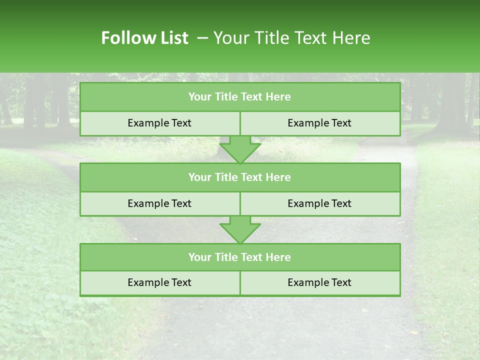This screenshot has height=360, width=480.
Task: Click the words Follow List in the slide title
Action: pos(144,38)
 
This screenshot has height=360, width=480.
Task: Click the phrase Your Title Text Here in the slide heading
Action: pos(291,38)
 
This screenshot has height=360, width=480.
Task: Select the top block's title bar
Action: pos(240,97)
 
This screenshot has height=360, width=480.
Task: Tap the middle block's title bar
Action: pos(240,177)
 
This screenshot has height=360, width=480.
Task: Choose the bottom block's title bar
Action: pos(240,257)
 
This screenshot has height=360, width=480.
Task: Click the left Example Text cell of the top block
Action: pos(159,123)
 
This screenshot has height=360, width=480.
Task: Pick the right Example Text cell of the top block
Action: pos(320,123)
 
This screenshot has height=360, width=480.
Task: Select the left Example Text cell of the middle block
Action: pos(159,203)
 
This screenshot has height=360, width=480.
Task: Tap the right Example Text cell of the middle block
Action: pos(320,203)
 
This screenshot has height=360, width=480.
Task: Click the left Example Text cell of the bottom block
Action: pos(159,282)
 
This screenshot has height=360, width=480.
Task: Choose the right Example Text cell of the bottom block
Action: pos(320,282)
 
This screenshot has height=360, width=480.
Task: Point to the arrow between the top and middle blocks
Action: pos(240,149)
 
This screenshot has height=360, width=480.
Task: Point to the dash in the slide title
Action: pos(202,38)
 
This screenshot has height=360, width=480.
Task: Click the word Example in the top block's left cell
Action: pos(148,123)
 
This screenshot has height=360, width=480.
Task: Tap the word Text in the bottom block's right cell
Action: pos(341,282)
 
